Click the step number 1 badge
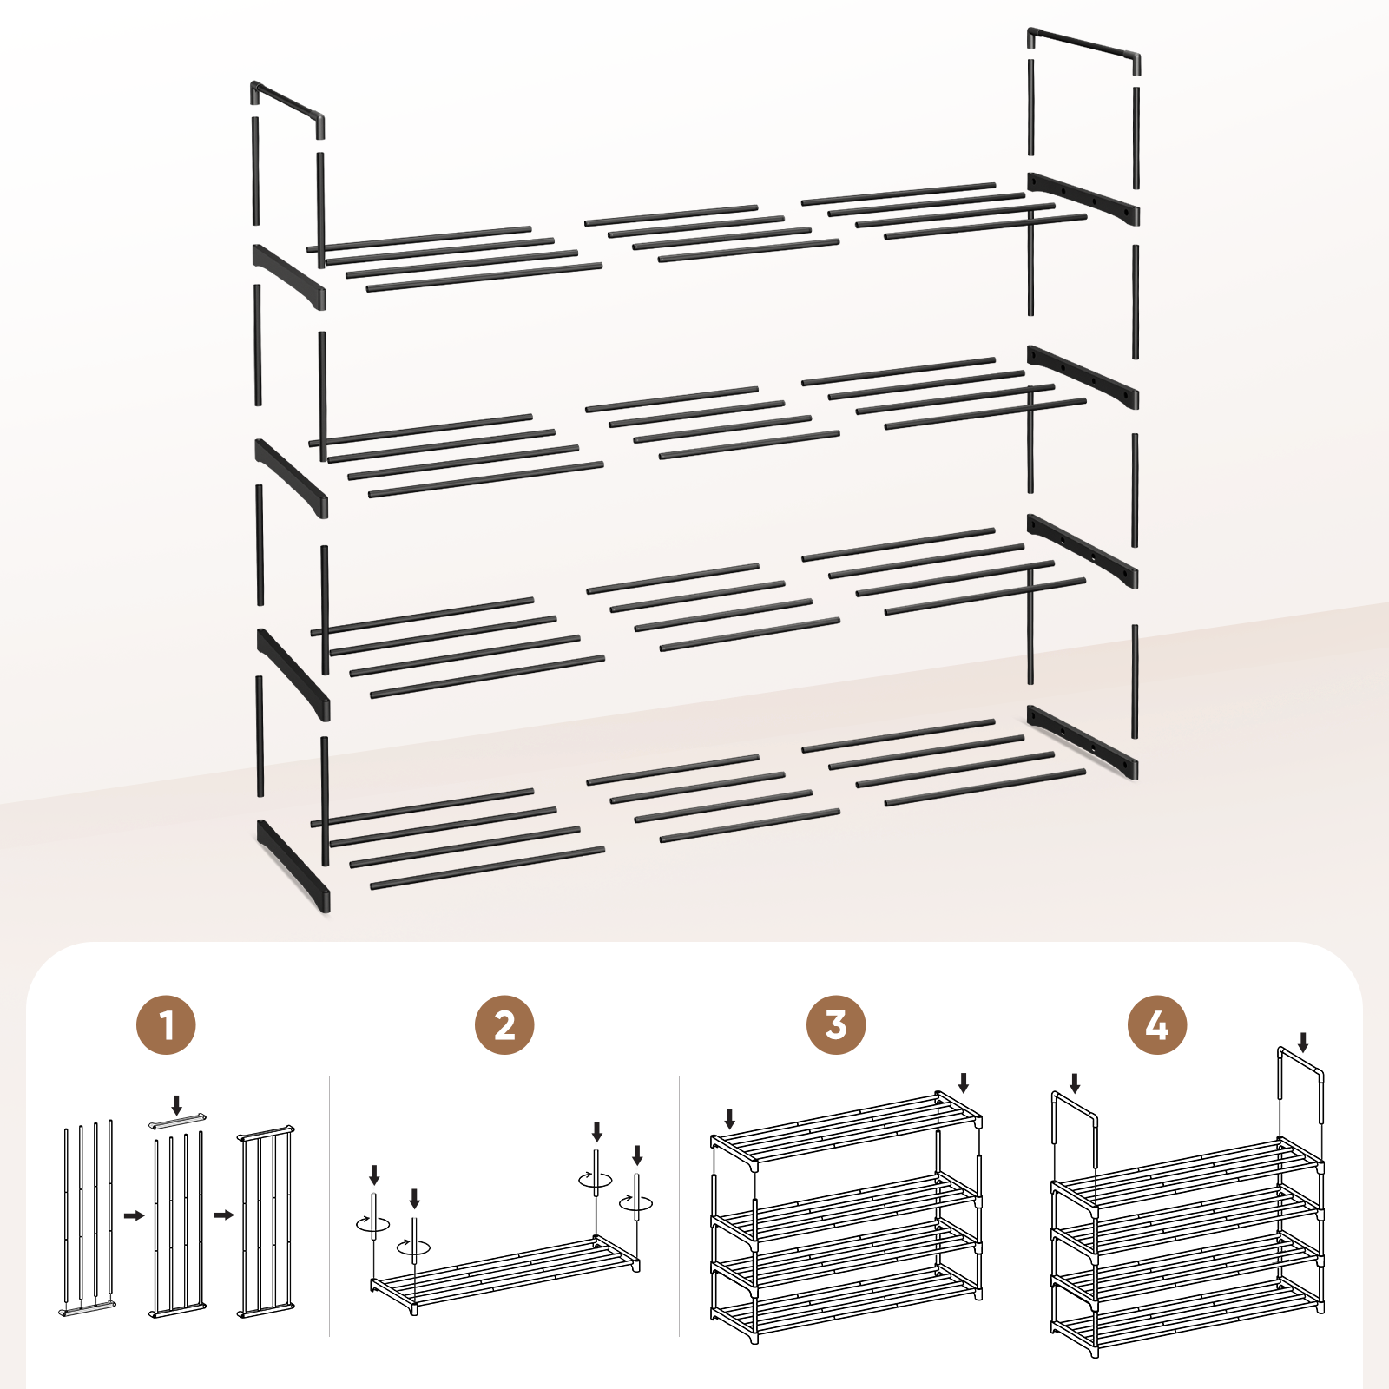(x=167, y=1025)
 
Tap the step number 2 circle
(x=504, y=1025)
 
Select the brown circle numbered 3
(x=836, y=1025)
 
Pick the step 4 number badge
(x=1157, y=1025)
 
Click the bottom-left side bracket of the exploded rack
(x=293, y=866)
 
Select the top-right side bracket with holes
(x=1083, y=200)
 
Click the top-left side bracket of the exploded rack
(x=289, y=277)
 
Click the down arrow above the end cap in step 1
(x=177, y=1105)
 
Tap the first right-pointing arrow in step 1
(x=134, y=1215)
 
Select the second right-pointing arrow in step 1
(x=224, y=1215)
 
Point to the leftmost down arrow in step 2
(x=374, y=1175)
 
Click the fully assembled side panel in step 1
(x=266, y=1222)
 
